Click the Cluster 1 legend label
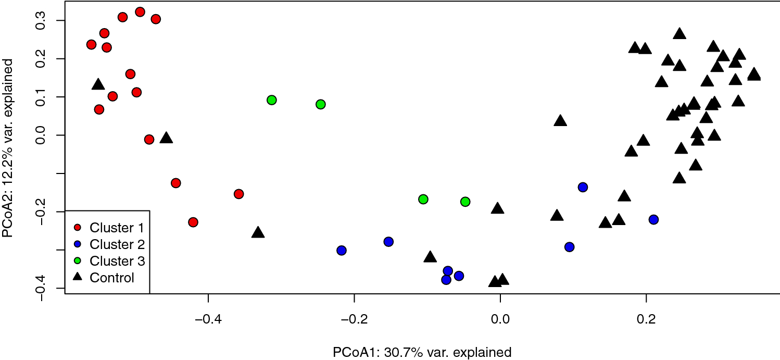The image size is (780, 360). (x=116, y=227)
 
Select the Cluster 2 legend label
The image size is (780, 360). (x=116, y=244)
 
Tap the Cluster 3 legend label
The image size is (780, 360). (x=116, y=260)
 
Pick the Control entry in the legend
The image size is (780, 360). (x=112, y=278)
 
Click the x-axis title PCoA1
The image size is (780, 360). (x=422, y=352)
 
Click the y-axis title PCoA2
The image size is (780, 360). (x=9, y=148)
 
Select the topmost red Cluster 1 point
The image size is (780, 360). (x=140, y=12)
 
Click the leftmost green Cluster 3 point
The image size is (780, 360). (x=271, y=100)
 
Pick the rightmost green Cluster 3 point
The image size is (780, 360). (x=466, y=202)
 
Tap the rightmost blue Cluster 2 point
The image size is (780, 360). (x=653, y=220)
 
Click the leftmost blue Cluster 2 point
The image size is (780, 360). (x=342, y=251)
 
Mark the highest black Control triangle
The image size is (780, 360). (x=679, y=34)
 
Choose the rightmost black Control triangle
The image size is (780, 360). (x=753, y=74)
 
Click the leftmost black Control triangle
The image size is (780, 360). (x=98, y=84)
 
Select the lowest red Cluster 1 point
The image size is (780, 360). (x=193, y=222)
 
